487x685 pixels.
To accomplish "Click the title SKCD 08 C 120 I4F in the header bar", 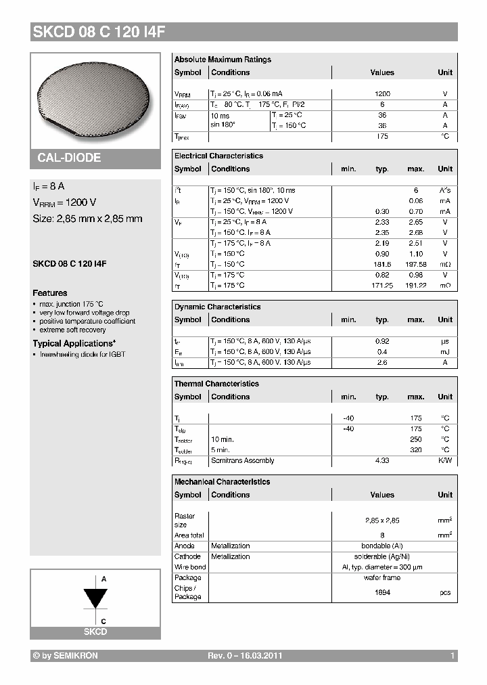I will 98,32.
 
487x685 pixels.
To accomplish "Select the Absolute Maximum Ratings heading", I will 223,60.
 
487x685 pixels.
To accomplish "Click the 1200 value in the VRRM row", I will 382,94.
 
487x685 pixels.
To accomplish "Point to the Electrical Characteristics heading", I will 218,156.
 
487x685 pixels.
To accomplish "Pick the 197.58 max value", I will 415,264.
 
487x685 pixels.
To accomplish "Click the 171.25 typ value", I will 382,286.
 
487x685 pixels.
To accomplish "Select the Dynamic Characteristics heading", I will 217,307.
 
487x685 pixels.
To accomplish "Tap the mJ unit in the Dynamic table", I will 445,352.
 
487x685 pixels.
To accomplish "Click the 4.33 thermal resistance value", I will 382,461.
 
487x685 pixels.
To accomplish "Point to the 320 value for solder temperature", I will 415,450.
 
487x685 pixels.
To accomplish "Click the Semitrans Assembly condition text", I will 242,461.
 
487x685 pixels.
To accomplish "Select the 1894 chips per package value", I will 382,592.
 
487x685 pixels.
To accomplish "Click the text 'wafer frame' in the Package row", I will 382,578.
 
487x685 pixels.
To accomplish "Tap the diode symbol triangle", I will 95,598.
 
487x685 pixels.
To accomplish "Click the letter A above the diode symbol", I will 103,579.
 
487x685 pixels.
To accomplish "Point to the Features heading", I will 50,293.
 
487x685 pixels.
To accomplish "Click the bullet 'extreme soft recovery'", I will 73,330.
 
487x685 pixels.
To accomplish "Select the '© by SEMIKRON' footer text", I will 65,656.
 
